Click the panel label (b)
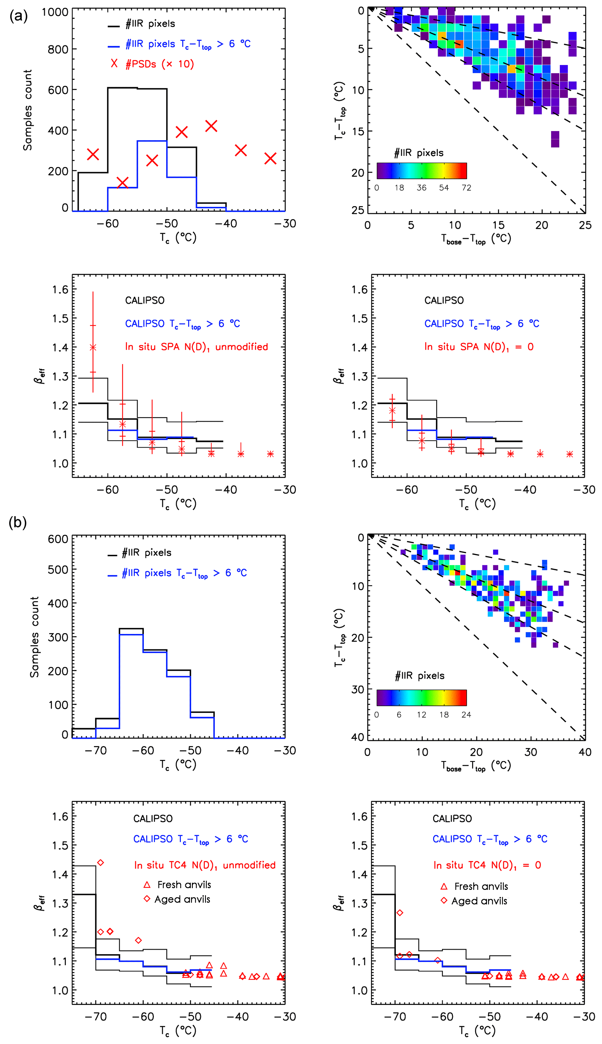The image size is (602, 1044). tap(18, 522)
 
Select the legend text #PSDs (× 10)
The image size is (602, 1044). tap(160, 64)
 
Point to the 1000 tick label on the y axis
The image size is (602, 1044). tap(55, 12)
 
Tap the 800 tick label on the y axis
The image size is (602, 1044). tap(58, 49)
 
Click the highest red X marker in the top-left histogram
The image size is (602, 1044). tap(211, 126)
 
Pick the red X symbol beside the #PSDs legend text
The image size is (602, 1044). tap(114, 63)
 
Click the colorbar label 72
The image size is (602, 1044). tap(466, 188)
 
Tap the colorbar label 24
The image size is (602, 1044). tap(466, 714)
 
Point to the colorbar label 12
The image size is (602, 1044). tap(421, 714)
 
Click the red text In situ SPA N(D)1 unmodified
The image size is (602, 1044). tap(196, 347)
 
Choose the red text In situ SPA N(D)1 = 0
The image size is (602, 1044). tap(479, 347)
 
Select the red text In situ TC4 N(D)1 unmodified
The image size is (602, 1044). tap(205, 865)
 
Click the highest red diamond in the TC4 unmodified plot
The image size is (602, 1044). tap(100, 862)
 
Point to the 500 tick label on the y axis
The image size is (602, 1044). tap(58, 570)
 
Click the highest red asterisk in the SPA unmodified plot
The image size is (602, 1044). tap(93, 347)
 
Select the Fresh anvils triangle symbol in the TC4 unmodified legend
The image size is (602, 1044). tap(147, 885)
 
